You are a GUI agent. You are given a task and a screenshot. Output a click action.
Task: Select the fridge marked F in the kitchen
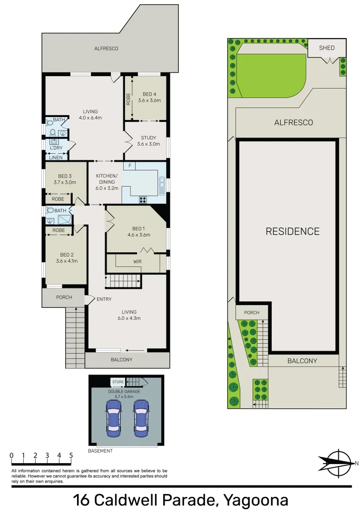point(129,166)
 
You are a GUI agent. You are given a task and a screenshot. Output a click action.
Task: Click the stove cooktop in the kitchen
point(142,199)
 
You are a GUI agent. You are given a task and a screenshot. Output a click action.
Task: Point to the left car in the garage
point(114,418)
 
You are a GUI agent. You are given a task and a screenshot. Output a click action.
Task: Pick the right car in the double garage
point(141,418)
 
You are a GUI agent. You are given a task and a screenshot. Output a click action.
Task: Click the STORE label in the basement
point(118,382)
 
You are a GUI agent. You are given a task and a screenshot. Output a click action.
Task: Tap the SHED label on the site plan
point(327,48)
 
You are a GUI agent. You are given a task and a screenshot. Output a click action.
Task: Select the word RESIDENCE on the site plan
point(292,232)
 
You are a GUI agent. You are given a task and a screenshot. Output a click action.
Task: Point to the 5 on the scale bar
point(71,455)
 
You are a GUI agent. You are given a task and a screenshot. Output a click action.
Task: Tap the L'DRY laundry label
point(56,148)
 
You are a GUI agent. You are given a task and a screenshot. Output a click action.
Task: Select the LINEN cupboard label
point(56,157)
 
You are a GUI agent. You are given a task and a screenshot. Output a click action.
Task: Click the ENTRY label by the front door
point(104,299)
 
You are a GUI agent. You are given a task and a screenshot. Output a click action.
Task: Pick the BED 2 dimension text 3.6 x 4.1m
point(66,261)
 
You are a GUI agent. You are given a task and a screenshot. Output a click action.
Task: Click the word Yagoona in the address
point(255,500)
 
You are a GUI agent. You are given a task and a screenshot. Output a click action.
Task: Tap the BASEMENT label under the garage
point(100,451)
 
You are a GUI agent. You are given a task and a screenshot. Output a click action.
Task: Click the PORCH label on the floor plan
point(64,297)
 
